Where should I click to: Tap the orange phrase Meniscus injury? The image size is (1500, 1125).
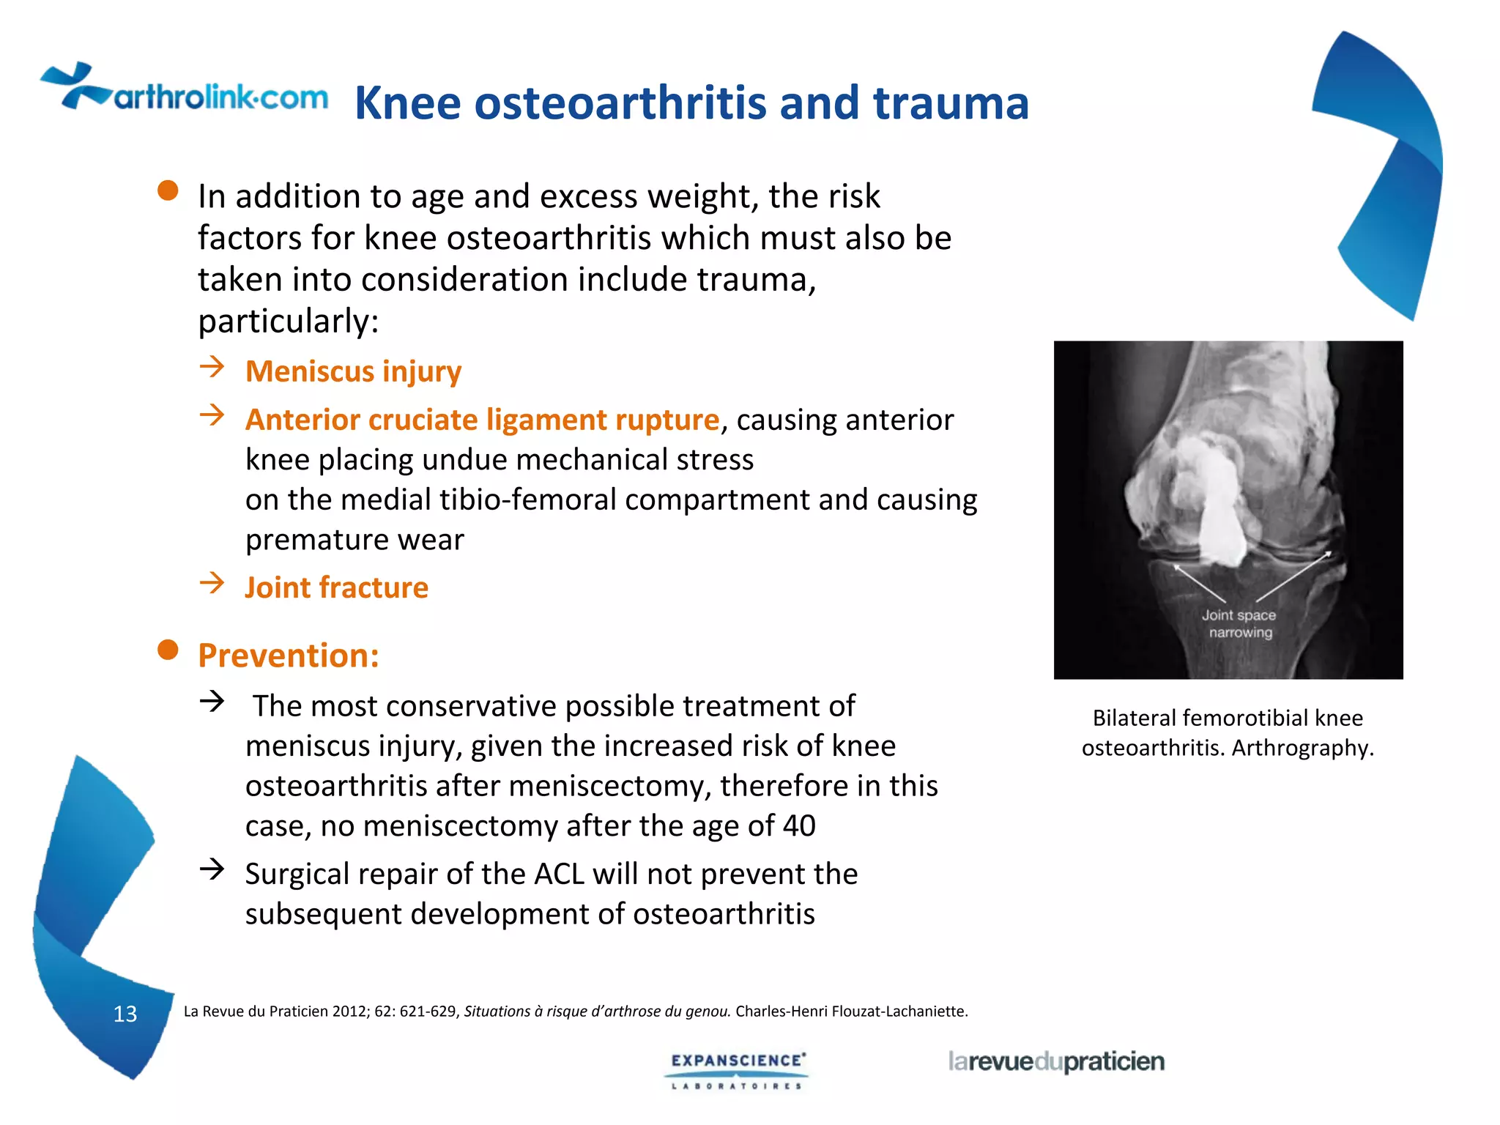(x=353, y=371)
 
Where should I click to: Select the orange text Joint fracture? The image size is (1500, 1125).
(x=336, y=587)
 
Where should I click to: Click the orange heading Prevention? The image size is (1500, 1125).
(x=289, y=655)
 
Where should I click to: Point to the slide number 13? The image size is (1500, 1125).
(x=125, y=1014)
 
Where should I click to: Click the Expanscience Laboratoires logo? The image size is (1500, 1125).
(x=737, y=1070)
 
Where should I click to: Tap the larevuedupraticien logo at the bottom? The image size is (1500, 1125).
(x=1055, y=1061)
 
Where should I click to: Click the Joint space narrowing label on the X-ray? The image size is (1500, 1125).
(x=1239, y=624)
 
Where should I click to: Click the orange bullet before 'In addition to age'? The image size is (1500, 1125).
(x=168, y=190)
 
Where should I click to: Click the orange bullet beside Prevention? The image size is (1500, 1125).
(x=168, y=650)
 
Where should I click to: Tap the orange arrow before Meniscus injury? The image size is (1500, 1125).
(x=212, y=366)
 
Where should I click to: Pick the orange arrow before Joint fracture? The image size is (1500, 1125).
(x=212, y=583)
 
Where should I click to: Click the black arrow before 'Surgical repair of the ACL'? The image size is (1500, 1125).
(x=212, y=869)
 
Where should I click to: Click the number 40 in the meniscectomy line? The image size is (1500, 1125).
(x=799, y=826)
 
